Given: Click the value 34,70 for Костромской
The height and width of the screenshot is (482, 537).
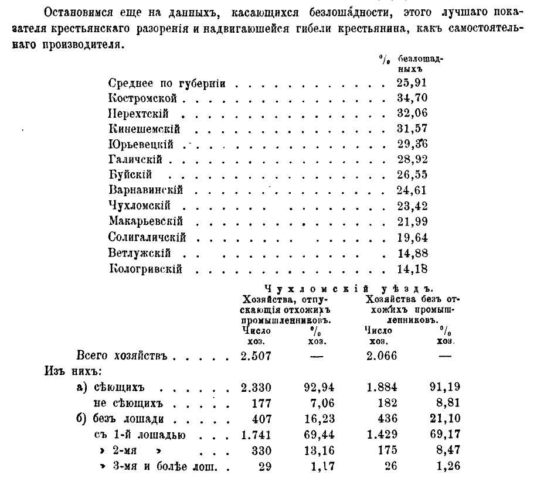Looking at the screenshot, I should pyautogui.click(x=412, y=98).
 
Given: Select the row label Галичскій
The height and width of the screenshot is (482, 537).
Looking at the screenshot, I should pyautogui.click(x=135, y=159).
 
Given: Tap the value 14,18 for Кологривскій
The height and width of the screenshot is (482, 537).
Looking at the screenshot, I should pyautogui.click(x=412, y=269).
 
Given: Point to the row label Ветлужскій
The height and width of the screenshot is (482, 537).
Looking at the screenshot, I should pyautogui.click(x=140, y=253).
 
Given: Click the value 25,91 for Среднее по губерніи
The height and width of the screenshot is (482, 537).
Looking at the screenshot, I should pyautogui.click(x=412, y=83).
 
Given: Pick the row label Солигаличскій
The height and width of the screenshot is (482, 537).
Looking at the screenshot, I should pyautogui.click(x=147, y=237).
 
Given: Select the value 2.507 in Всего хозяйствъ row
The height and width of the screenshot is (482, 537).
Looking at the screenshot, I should pyautogui.click(x=256, y=355).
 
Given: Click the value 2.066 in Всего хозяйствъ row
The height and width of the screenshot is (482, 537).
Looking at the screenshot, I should pyautogui.click(x=381, y=355).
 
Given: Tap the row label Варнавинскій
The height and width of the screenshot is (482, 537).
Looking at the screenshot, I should pyautogui.click(x=146, y=190).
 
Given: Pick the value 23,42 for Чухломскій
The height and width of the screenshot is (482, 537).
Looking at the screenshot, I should pyautogui.click(x=412, y=206).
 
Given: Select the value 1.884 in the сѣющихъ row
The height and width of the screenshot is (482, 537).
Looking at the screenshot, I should pyautogui.click(x=381, y=387).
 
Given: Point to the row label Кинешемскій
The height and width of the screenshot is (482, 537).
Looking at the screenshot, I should pyautogui.click(x=144, y=129).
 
